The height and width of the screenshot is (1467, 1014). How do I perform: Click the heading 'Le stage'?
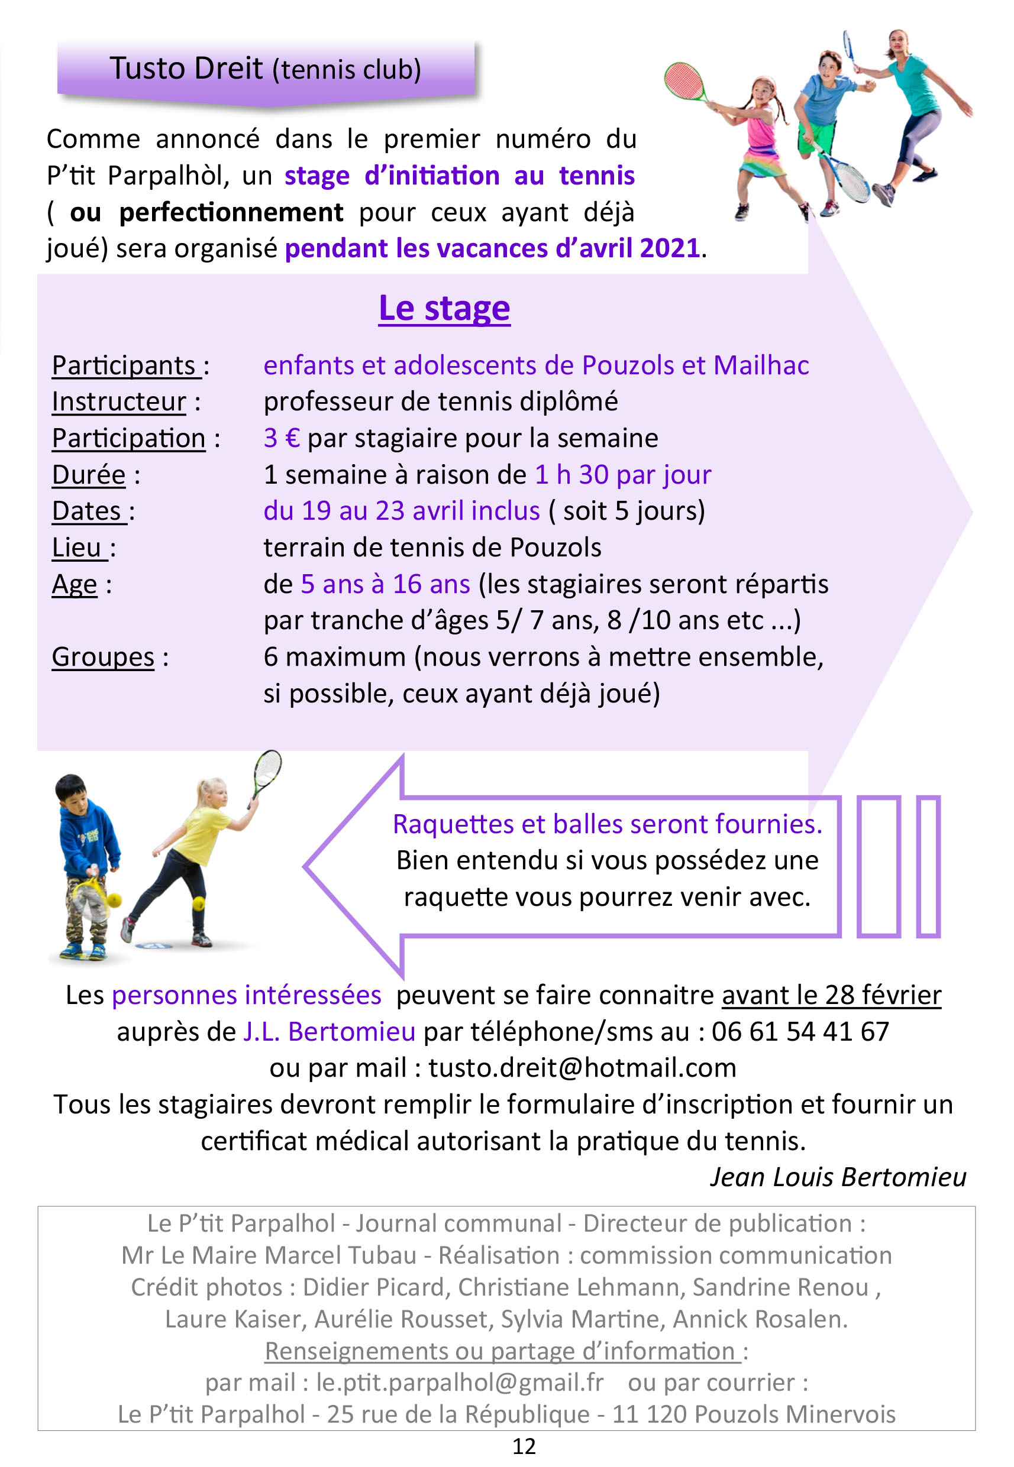pos(444,309)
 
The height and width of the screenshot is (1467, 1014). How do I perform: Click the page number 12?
pos(524,1446)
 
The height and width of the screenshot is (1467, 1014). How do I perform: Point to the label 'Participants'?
pos(125,366)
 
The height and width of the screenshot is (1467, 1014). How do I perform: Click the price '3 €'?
pos(282,438)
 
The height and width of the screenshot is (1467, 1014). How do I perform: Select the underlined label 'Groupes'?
pos(103,658)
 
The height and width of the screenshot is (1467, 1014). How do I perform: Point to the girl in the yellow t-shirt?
pos(190,851)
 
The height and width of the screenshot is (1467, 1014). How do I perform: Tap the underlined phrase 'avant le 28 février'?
pos(831,995)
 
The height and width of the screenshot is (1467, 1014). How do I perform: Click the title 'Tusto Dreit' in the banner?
pos(186,68)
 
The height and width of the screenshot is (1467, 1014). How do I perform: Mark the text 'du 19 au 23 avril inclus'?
pos(402,511)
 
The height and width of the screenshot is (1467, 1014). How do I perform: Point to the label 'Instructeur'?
pos(119,402)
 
